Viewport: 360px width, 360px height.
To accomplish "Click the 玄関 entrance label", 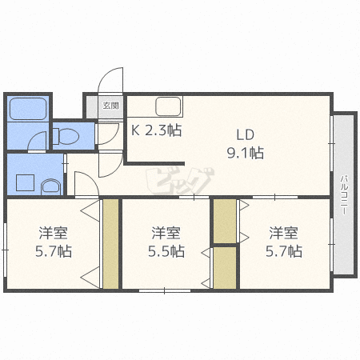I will coord(110,106).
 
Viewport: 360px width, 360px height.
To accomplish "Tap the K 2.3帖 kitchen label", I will coord(156,130).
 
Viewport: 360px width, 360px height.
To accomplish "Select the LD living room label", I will coord(245,134).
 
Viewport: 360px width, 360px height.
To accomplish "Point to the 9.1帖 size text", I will coord(246,153).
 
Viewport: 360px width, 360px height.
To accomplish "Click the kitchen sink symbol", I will coord(169,106).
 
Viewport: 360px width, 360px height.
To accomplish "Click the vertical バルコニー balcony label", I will coord(344,194).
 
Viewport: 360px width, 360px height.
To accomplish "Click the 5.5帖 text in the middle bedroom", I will coord(166,251).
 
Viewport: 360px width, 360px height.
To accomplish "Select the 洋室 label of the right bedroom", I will coord(283,233).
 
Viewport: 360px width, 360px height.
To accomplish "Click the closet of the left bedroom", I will coord(110,243).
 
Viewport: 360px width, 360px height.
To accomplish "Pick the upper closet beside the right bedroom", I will coord(225,221).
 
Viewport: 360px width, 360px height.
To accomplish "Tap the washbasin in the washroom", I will coord(51,186).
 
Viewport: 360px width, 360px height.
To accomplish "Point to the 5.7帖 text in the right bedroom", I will coord(284,251).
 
